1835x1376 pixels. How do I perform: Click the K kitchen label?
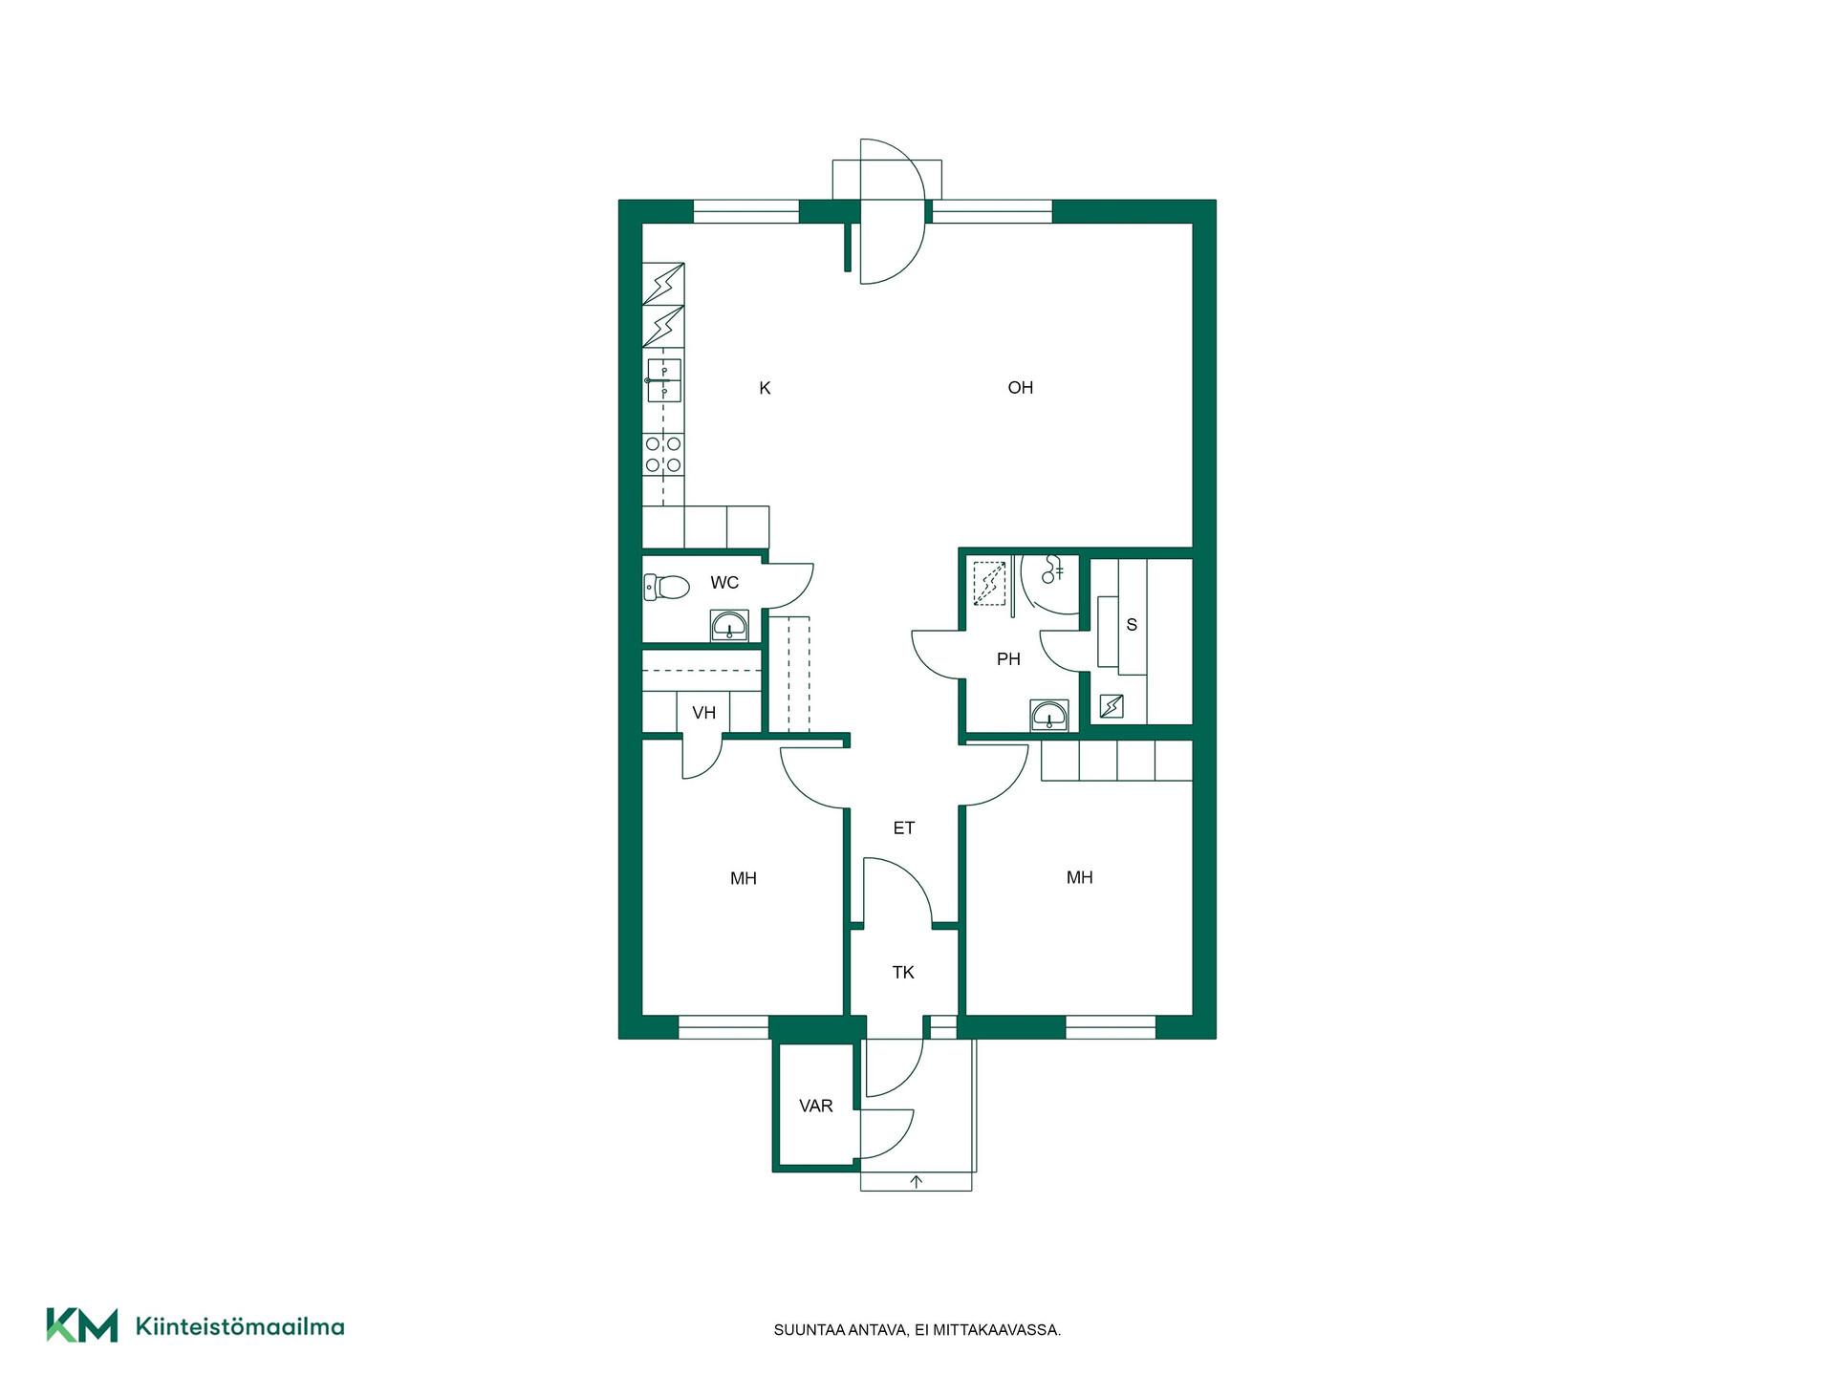pos(765,388)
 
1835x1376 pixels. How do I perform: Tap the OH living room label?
pos(1021,388)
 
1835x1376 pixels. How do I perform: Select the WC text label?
pos(724,583)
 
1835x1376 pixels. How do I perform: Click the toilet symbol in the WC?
pos(667,587)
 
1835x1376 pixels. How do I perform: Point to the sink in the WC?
pos(729,626)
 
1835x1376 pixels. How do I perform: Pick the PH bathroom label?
pos(1008,659)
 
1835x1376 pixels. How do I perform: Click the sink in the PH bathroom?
pos(1049,715)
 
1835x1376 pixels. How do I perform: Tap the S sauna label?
pos(1133,625)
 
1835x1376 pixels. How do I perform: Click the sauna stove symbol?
pos(1112,706)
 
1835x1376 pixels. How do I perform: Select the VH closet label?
pos(704,713)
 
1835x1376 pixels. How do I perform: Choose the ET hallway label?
pos(904,828)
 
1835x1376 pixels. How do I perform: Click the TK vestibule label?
pos(903,973)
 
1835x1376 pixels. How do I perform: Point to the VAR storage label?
pos(816,1107)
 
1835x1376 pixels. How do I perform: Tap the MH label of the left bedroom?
pos(744,879)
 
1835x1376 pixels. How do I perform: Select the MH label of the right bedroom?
pos(1080,878)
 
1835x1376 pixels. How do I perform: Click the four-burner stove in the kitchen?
pos(663,455)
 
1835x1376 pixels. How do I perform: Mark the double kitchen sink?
pos(664,380)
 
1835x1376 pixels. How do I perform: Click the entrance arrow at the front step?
pos(917,1182)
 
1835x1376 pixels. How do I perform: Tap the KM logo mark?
pos(82,1325)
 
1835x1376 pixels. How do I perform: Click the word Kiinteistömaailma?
pos(240,1326)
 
